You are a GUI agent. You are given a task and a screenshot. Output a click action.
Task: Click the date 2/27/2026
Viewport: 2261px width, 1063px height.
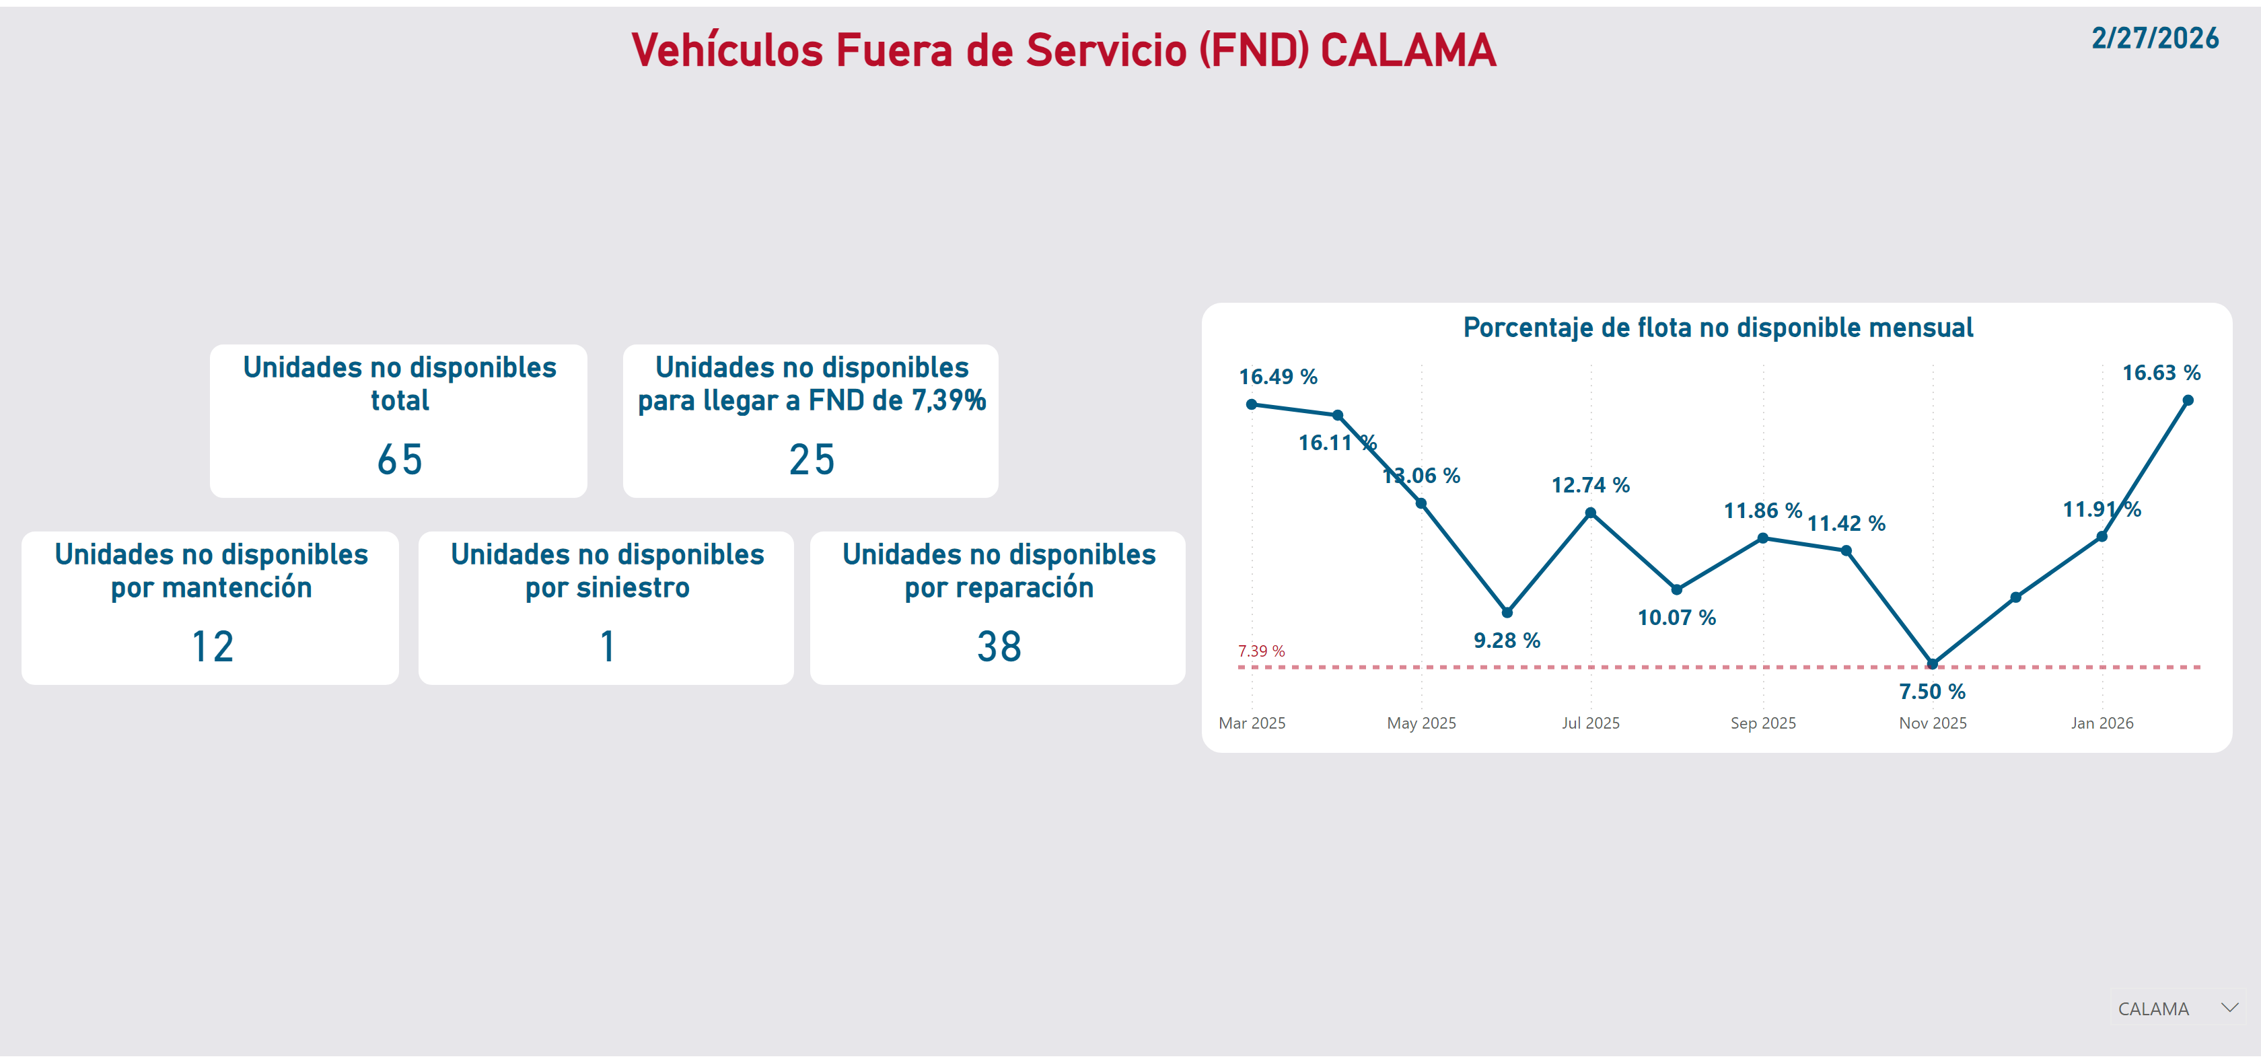(2154, 38)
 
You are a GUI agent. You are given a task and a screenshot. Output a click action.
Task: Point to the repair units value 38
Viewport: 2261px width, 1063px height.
(999, 647)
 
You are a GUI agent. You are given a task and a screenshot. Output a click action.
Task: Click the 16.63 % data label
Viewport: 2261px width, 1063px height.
(2160, 373)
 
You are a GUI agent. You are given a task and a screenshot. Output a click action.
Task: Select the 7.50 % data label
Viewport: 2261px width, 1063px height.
(1932, 692)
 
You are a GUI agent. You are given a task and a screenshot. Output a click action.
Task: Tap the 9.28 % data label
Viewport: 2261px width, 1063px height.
(1506, 640)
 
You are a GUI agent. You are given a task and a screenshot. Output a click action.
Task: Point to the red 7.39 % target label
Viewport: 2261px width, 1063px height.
(1260, 651)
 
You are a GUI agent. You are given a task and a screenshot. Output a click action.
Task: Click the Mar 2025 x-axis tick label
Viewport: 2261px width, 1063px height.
(1252, 723)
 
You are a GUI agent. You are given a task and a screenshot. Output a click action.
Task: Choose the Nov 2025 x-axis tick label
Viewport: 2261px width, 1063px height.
(1932, 723)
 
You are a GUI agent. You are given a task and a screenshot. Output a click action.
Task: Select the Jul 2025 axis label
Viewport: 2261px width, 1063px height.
(1590, 723)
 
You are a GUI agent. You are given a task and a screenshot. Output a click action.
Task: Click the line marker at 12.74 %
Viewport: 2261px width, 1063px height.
(1590, 513)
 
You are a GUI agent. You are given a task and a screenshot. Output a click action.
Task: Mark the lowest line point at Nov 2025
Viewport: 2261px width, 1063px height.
(1932, 663)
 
